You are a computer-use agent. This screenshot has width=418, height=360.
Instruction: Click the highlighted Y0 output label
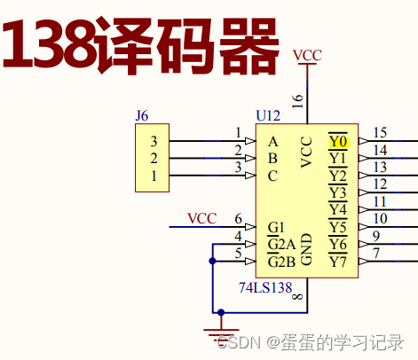pyautogui.click(x=338, y=141)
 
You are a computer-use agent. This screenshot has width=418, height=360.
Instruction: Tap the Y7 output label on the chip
pyautogui.click(x=338, y=262)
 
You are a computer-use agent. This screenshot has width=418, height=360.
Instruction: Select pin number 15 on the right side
pyautogui.click(x=380, y=133)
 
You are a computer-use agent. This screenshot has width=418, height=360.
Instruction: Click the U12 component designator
pyautogui.click(x=267, y=116)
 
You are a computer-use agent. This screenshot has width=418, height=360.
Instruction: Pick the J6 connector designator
pyautogui.click(x=142, y=115)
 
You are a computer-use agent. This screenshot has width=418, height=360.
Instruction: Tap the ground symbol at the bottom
pyautogui.click(x=219, y=333)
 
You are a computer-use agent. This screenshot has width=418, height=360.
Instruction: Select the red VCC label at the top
pyautogui.click(x=307, y=55)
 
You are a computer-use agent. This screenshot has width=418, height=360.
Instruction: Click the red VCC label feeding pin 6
pyautogui.click(x=201, y=218)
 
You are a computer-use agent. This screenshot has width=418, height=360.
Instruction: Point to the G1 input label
pyautogui.click(x=276, y=227)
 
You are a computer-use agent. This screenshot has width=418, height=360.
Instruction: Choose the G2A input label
pyautogui.click(x=281, y=244)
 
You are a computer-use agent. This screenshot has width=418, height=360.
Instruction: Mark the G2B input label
pyautogui.click(x=281, y=262)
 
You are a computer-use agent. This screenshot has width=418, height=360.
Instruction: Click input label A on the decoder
pyautogui.click(x=272, y=141)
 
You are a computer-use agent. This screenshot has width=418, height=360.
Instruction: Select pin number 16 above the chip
pyautogui.click(x=297, y=100)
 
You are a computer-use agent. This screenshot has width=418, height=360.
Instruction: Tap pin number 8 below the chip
pyautogui.click(x=297, y=295)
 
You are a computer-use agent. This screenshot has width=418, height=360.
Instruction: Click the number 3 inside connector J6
pyautogui.click(x=154, y=141)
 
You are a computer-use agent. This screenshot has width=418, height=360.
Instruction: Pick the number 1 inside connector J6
pyautogui.click(x=154, y=176)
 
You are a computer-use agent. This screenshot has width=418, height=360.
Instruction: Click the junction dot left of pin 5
pyautogui.click(x=212, y=261)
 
